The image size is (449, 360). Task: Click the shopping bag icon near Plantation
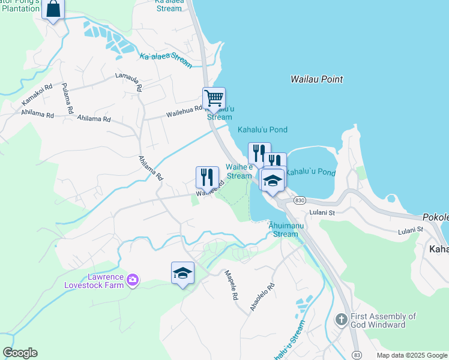(53, 10)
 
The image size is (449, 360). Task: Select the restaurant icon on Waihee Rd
(207, 176)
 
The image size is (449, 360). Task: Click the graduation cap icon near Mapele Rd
(182, 273)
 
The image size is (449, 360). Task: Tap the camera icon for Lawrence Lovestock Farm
(133, 279)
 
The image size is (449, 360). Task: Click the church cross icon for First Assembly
(342, 319)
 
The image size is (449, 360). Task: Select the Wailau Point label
(316, 79)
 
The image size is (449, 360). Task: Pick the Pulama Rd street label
(67, 98)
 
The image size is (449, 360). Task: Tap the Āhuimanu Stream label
(285, 230)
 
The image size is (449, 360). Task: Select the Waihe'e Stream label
(239, 172)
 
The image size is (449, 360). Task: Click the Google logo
(20, 353)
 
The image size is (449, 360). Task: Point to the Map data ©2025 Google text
(412, 355)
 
